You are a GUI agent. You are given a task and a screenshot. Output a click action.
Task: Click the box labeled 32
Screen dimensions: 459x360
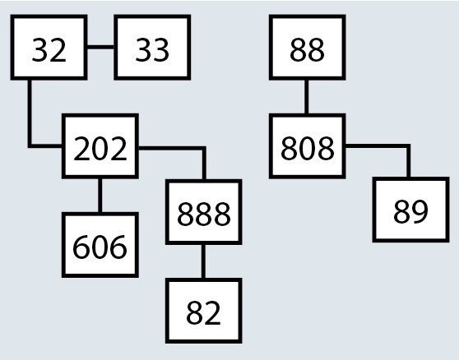click(x=49, y=47)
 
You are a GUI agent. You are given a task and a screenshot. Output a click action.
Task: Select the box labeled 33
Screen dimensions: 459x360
click(x=152, y=47)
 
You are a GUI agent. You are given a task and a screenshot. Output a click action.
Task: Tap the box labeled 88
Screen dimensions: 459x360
click(x=308, y=47)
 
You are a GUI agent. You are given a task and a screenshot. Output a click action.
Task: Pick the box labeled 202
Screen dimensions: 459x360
click(x=100, y=146)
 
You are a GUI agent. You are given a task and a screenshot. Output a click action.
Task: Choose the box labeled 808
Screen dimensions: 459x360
click(x=308, y=146)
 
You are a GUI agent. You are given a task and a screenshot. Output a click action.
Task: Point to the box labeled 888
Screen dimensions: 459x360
click(x=204, y=212)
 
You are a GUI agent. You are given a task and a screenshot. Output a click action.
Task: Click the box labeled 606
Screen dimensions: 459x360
click(x=100, y=245)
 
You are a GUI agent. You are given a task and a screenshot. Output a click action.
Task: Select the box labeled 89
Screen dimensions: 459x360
click(x=410, y=210)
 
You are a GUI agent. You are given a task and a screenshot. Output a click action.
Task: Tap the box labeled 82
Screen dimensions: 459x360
click(x=204, y=311)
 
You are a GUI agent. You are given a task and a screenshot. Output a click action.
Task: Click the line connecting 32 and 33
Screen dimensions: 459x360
click(x=100, y=47)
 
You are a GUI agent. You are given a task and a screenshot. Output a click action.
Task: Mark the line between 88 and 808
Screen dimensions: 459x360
click(x=306, y=96)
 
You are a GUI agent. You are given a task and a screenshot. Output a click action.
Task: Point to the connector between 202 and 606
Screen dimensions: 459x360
click(x=100, y=196)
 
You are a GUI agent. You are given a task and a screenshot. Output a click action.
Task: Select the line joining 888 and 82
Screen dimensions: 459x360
click(x=203, y=261)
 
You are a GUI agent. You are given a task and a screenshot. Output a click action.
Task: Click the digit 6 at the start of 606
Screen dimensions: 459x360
click(x=81, y=247)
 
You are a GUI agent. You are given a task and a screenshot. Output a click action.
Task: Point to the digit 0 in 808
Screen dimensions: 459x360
click(x=308, y=148)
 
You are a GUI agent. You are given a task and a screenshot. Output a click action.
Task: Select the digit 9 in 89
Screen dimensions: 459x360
click(x=420, y=212)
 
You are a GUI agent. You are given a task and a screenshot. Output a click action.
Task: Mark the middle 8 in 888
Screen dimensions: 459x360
click(x=204, y=215)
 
